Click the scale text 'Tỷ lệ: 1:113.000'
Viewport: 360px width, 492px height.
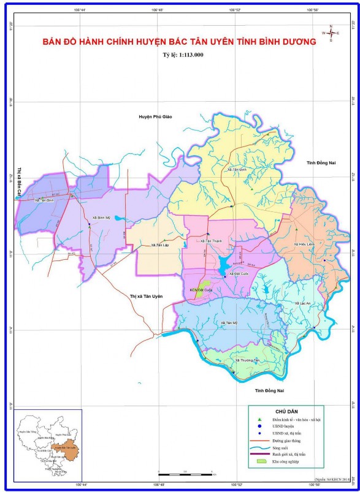[180, 55]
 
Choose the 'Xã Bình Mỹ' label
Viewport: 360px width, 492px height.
[101, 218]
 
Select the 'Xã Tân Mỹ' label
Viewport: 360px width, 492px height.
[228, 322]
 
